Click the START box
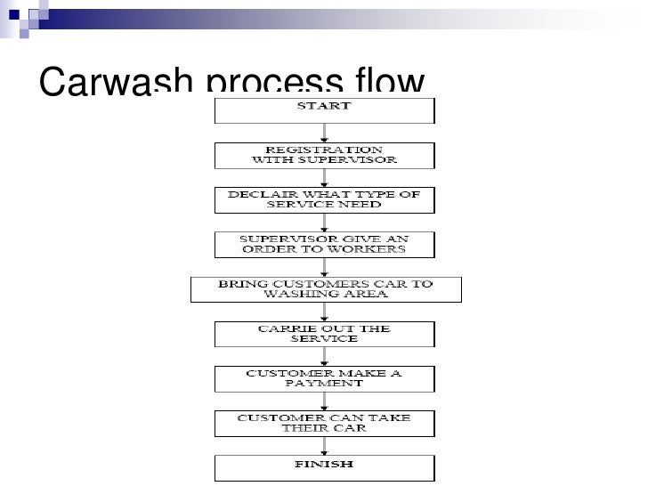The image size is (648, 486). click(x=324, y=109)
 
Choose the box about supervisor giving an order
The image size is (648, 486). click(x=324, y=245)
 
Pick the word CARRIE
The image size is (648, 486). click(x=283, y=328)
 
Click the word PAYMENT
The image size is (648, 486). click(x=324, y=384)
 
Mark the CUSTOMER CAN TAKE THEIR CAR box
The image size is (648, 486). click(x=324, y=422)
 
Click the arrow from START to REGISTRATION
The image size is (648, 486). click(x=325, y=133)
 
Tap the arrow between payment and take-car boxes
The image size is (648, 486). click(x=325, y=400)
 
